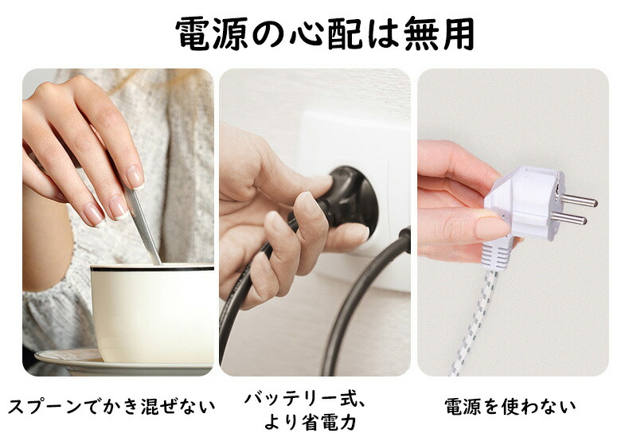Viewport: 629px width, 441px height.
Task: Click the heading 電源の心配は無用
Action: click(x=325, y=33)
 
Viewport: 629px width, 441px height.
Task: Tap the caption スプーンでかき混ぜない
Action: click(x=111, y=406)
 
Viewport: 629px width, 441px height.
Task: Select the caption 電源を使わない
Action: click(x=510, y=406)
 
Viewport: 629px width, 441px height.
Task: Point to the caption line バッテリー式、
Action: click(x=305, y=400)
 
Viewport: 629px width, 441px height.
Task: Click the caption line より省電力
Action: click(x=310, y=422)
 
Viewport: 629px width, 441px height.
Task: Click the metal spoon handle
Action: click(x=143, y=227)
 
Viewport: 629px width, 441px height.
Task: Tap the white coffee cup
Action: click(x=152, y=313)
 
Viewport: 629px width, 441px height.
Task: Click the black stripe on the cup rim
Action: click(x=152, y=268)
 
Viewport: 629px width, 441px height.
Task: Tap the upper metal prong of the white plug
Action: click(x=579, y=200)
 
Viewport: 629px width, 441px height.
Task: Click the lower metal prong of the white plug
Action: click(x=568, y=218)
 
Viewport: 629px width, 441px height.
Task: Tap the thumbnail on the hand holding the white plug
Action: click(x=493, y=228)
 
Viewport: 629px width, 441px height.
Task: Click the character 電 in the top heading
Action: click(x=193, y=33)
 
